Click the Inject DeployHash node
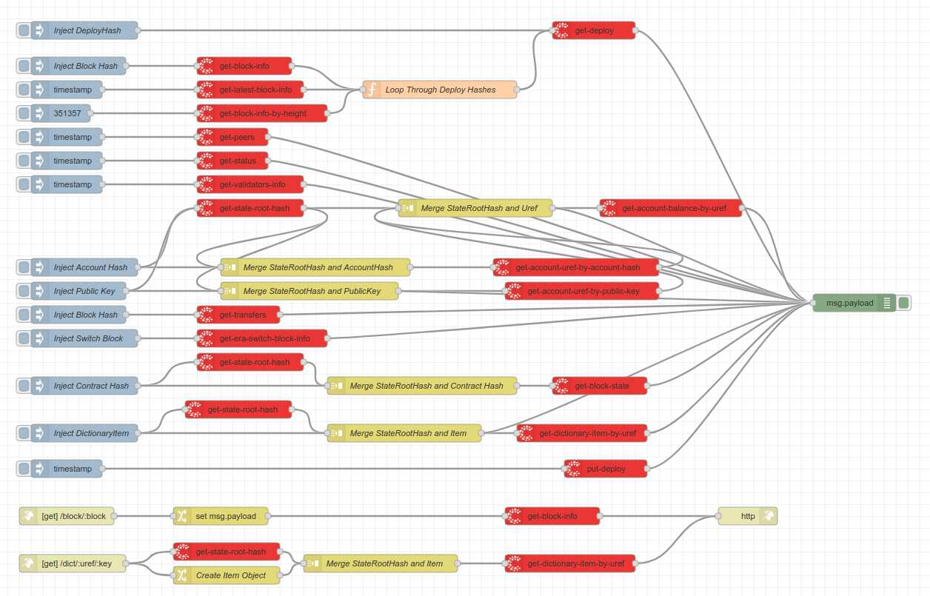tap(87, 30)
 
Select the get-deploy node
tap(594, 30)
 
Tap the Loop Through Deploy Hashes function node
tap(440, 90)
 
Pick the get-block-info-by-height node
tap(262, 113)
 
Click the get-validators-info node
tap(252, 184)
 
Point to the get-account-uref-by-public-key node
tap(583, 291)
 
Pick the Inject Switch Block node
tap(87, 338)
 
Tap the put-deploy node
tap(606, 469)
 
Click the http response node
tap(748, 516)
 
